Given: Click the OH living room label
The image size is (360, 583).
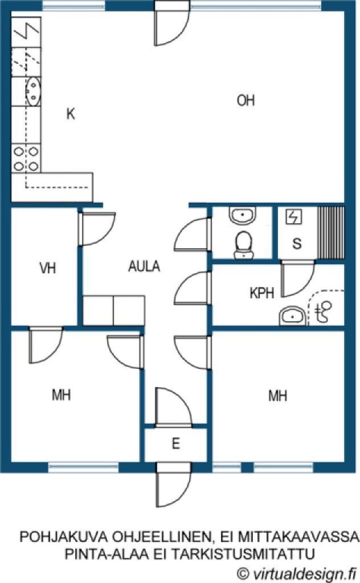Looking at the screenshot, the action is click(x=246, y=100).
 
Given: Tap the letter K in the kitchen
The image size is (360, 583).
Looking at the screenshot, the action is click(x=70, y=114).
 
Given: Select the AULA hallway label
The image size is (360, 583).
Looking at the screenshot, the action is click(x=144, y=266).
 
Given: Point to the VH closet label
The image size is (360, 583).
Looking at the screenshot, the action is click(x=48, y=268).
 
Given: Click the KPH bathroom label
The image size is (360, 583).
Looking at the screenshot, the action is click(x=262, y=293).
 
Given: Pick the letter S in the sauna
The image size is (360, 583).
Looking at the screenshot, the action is click(x=297, y=244).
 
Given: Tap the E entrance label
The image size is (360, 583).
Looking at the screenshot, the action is click(x=176, y=443).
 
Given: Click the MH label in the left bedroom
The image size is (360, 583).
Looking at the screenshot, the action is click(x=62, y=395).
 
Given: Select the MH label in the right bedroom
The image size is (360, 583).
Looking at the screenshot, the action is click(x=278, y=396).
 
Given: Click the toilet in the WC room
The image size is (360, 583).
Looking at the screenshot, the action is click(x=244, y=245).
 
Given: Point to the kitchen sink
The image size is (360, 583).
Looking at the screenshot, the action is click(x=33, y=91).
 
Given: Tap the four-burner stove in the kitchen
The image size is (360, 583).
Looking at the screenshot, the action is click(x=26, y=158).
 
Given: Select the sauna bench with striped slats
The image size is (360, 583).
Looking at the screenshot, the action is click(x=330, y=233).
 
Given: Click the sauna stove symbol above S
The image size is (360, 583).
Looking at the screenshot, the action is click(x=294, y=217).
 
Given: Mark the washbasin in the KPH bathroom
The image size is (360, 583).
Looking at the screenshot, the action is click(x=293, y=316).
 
